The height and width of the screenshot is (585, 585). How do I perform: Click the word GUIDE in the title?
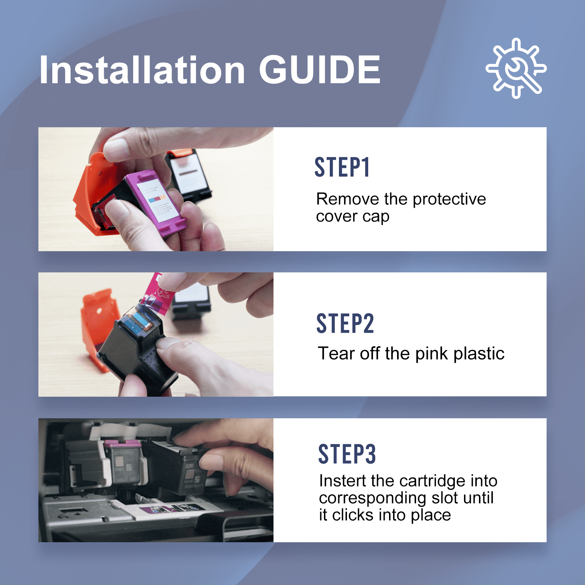click(320, 69)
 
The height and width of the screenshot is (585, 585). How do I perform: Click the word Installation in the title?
click(142, 69)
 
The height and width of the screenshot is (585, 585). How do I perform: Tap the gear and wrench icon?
click(516, 68)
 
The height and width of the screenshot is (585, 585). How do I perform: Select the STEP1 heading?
click(342, 167)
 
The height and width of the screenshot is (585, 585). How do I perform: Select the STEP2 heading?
click(345, 324)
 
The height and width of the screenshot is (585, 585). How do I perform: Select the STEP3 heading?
click(347, 454)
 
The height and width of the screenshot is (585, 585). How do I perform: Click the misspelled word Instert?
click(343, 481)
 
